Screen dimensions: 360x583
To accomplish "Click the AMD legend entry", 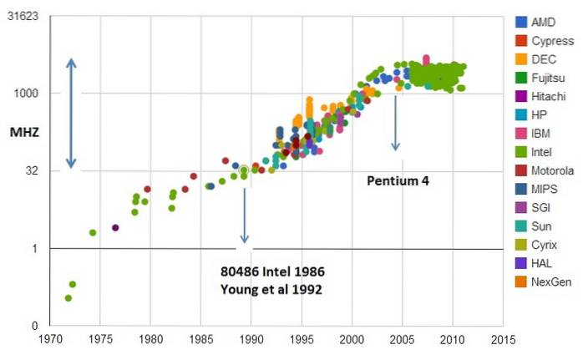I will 544,22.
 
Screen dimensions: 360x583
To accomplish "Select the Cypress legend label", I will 552,40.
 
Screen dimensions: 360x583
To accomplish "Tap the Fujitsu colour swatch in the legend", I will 520,78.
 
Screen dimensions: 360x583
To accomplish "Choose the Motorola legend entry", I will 552,170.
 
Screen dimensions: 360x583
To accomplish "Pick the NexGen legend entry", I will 551,282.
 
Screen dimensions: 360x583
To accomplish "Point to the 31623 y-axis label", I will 23,16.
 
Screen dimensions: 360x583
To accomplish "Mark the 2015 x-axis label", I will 503,340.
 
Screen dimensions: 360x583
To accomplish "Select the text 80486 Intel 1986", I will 272,273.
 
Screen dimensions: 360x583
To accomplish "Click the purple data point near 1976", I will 115,227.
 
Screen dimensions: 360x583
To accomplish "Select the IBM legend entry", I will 542,133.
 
